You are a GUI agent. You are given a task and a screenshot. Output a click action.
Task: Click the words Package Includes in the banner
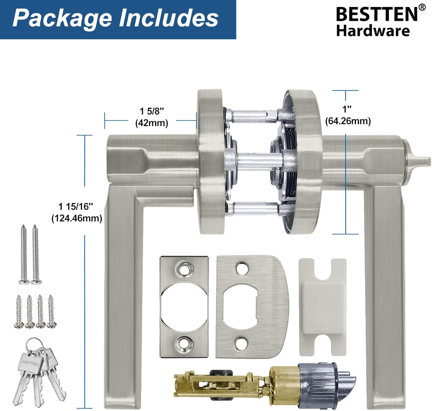(115, 18)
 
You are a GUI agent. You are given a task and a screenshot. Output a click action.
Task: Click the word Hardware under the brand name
(373, 31)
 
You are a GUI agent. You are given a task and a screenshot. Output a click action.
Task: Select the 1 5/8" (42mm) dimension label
(152, 117)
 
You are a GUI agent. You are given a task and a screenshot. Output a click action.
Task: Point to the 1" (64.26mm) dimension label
(348, 115)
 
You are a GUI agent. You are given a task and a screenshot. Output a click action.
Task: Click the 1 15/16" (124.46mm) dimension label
(77, 213)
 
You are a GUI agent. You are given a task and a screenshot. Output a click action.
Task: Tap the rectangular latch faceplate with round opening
(184, 307)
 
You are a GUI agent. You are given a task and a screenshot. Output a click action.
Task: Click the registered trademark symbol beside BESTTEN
(422, 7)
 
